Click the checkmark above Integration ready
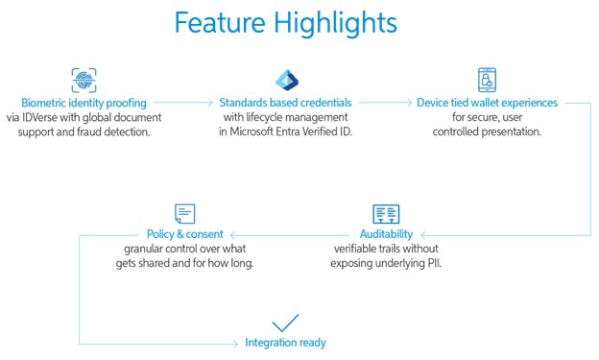click(x=286, y=322)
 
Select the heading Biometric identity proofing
click(x=84, y=103)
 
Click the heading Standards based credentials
click(x=287, y=103)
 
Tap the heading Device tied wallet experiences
click(x=487, y=103)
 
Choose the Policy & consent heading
click(x=185, y=234)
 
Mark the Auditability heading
click(x=386, y=234)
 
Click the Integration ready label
click(x=286, y=343)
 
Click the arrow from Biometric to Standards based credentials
click(x=182, y=103)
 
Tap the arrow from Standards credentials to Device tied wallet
click(x=384, y=103)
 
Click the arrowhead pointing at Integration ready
click(x=236, y=343)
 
